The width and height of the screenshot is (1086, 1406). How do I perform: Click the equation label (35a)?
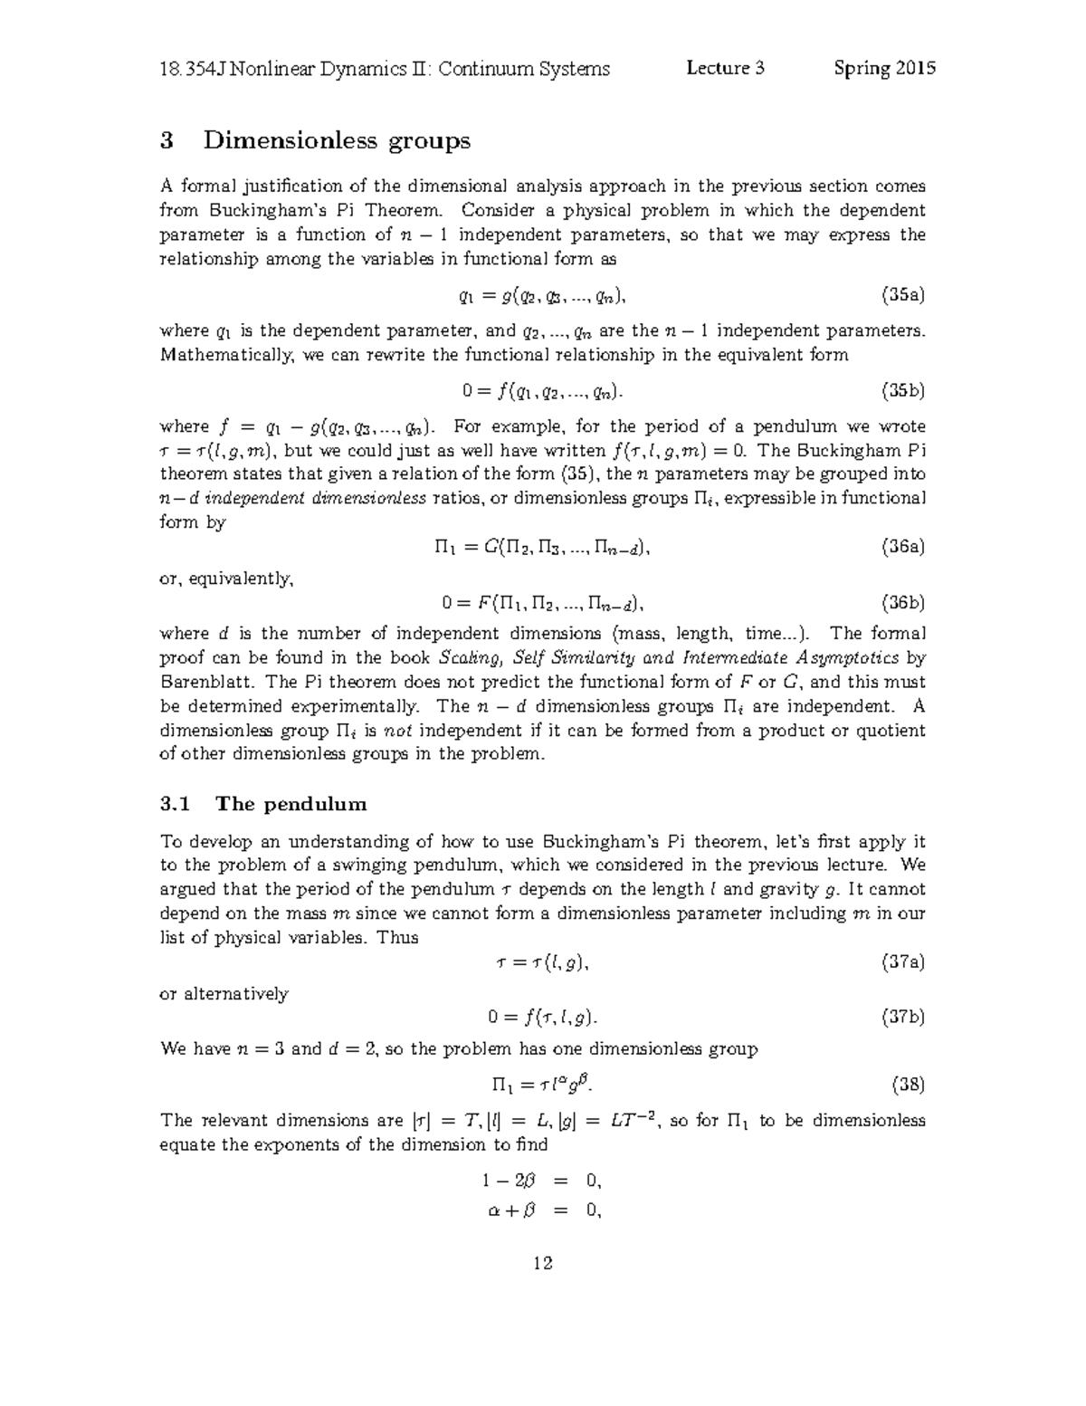pos(903,295)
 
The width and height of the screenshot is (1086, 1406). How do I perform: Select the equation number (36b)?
pos(903,603)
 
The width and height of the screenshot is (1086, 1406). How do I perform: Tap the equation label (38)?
pos(908,1084)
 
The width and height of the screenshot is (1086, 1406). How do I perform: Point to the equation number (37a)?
pos(903,962)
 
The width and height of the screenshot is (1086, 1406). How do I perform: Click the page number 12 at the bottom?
pos(543,1263)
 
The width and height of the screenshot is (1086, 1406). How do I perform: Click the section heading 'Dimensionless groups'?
pos(337,140)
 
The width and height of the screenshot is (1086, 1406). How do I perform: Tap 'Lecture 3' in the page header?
pos(726,69)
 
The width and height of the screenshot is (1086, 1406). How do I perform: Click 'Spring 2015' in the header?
pos(885,69)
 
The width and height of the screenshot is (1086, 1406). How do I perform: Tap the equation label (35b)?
pos(903,391)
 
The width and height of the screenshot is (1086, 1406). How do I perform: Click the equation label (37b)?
pos(903,1018)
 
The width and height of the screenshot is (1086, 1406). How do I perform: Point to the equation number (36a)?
pos(903,547)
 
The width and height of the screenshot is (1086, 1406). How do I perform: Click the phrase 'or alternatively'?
pos(224,994)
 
